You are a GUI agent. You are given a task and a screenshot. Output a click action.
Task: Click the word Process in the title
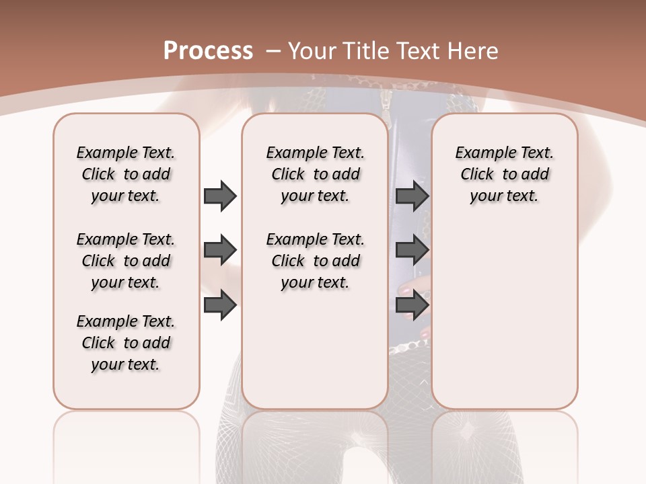(208, 50)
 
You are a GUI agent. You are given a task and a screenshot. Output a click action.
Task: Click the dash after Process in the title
(273, 51)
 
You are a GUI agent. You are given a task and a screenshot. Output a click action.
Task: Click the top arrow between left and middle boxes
(220, 196)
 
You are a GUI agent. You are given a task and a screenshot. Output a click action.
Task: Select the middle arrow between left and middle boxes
(220, 251)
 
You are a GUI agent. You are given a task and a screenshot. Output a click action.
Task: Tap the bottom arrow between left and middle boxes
(220, 305)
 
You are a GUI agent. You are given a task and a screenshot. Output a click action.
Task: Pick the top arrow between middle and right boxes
(412, 196)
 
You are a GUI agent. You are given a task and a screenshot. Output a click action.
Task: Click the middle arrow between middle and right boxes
(412, 251)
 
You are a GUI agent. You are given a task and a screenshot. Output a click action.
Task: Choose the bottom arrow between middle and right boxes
(412, 305)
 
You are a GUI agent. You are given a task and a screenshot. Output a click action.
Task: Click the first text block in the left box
(126, 174)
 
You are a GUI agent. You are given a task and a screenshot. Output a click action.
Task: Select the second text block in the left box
(126, 261)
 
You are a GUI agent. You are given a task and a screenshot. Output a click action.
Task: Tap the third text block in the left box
(126, 343)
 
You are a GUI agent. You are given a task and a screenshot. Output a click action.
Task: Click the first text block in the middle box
(315, 174)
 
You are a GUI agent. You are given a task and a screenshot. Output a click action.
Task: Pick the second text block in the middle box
(315, 261)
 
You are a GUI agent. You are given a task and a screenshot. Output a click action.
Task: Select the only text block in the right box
(504, 174)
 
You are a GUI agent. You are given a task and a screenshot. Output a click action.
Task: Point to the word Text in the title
(417, 50)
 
